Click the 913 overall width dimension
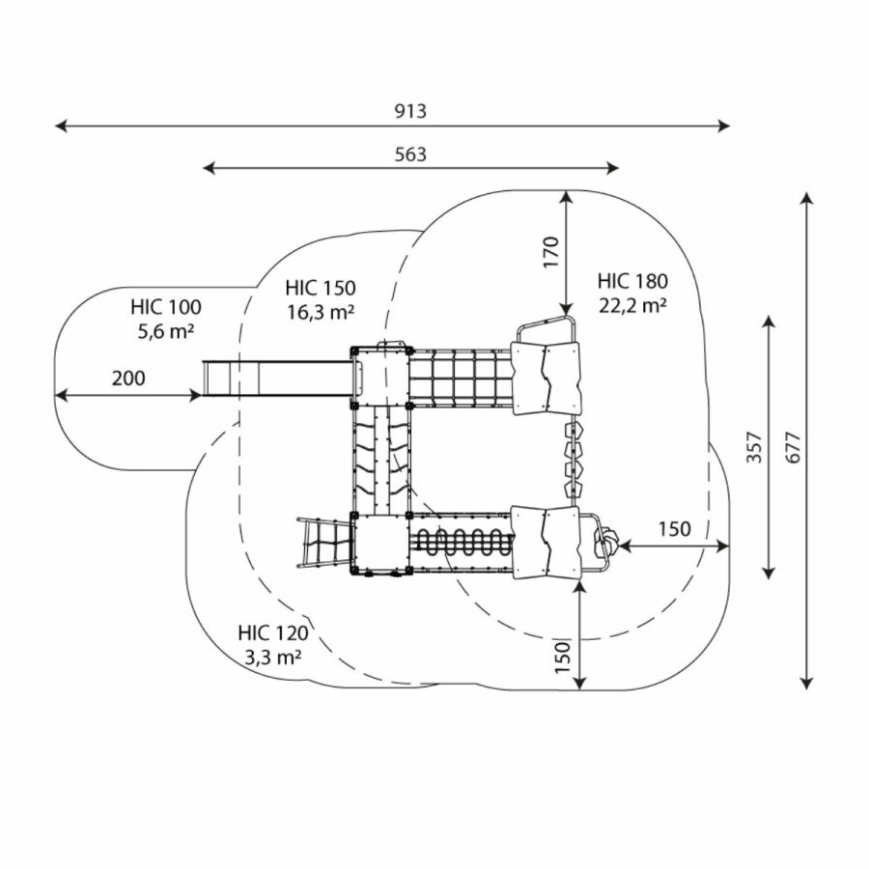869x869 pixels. point(409,111)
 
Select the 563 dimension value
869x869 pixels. point(409,154)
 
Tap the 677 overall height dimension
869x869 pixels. point(793,440)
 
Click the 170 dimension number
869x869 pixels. point(550,253)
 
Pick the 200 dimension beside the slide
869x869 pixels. point(127,378)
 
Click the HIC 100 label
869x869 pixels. point(166,308)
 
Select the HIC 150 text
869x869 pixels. point(321,288)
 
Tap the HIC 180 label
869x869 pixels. point(632,282)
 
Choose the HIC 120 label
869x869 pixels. point(273,633)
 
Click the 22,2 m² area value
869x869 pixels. point(632,305)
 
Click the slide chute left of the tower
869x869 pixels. point(275,378)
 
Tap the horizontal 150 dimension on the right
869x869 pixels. point(674,528)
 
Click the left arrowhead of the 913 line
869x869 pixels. point(58,126)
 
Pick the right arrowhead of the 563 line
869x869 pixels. point(615,168)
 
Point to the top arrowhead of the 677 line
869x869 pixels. point(807,196)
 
